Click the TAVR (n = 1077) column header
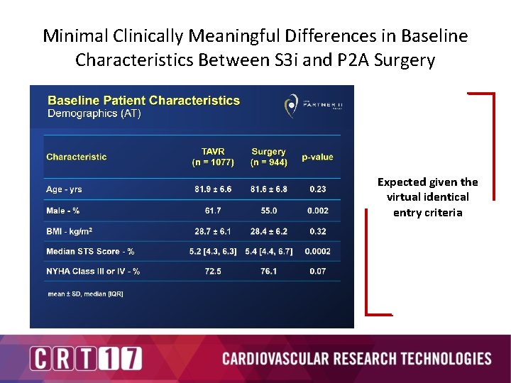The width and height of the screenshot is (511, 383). [x=213, y=157]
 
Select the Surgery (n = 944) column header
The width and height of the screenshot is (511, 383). [x=268, y=157]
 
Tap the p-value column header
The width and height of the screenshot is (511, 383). [x=317, y=157]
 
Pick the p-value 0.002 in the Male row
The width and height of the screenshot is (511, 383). [x=317, y=211]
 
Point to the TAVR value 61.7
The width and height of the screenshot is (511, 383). [x=213, y=211]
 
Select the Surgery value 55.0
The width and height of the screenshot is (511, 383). [x=269, y=211]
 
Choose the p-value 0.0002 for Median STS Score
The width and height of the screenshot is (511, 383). [x=317, y=251]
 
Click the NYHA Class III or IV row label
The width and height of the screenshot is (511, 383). [x=93, y=271]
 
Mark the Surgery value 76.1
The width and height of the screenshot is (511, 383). [x=269, y=271]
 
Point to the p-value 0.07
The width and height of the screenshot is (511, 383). [x=317, y=271]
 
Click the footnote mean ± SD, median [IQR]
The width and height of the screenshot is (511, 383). [x=85, y=294]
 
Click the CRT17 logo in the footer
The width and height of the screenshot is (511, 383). [x=86, y=358]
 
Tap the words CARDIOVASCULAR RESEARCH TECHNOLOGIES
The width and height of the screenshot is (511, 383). [x=356, y=358]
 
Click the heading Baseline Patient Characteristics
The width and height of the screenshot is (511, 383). [x=143, y=101]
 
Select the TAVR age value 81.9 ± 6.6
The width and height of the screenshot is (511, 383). [x=213, y=189]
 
